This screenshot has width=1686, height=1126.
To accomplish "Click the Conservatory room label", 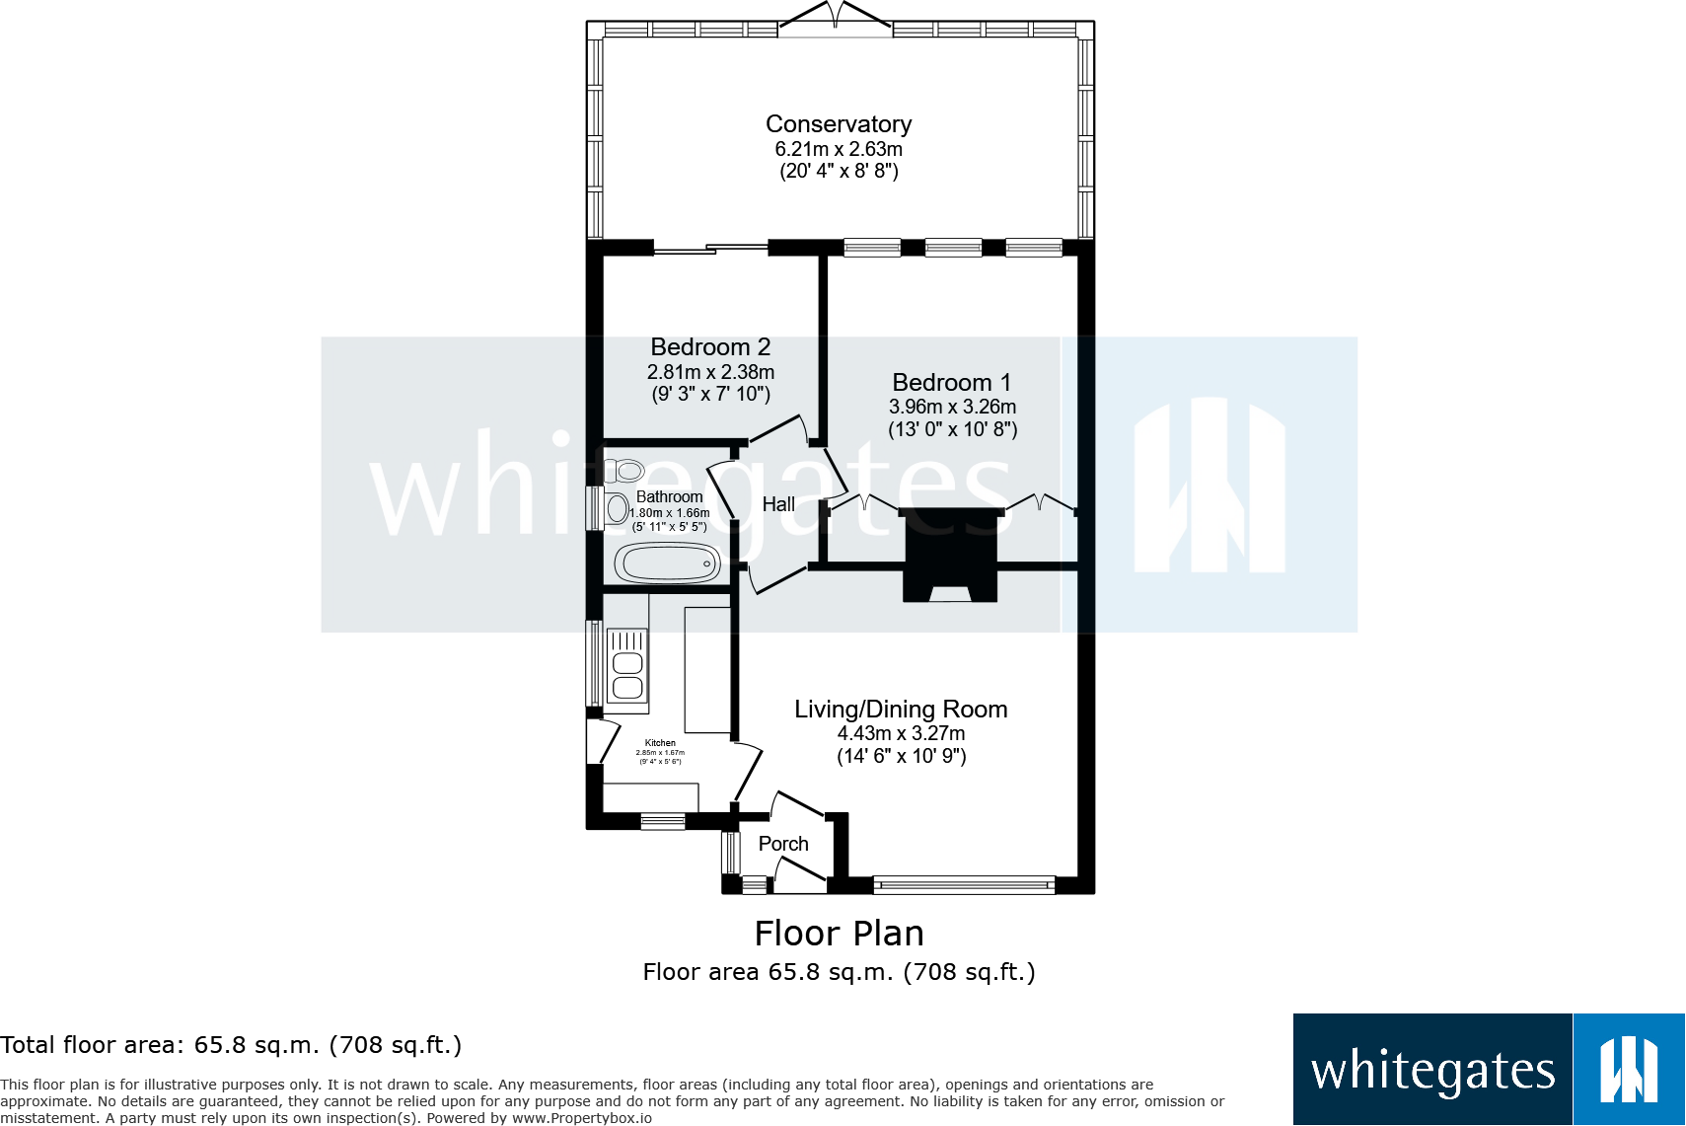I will coord(839,124).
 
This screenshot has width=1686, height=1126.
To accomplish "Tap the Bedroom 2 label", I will coord(710,347).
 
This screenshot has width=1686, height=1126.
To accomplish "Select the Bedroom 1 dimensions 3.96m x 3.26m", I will coord(952,407).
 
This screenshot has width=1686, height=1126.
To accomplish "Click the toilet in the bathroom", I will coord(624,471).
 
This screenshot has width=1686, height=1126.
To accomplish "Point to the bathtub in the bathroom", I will coord(668,564).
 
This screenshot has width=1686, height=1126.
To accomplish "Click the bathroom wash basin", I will coord(618,509).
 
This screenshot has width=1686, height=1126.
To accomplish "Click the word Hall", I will coord(778,504).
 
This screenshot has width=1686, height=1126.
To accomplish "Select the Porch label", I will coord(783,844).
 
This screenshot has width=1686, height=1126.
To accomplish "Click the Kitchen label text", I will coord(660,743).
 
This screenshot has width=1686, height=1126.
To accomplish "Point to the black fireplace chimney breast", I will coord(951,553).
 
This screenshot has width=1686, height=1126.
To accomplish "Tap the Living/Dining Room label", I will coord(901,710).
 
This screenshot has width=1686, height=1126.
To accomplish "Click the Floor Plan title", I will coord(839,934).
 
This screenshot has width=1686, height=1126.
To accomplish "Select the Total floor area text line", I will coord(231,1045).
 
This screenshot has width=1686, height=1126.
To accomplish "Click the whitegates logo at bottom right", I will coord(1488,1070).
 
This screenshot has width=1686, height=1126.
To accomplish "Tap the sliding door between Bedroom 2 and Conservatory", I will coord(710,249).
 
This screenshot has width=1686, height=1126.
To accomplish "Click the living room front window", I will coord(964,884).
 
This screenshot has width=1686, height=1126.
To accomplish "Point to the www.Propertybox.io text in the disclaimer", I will coord(581,1118).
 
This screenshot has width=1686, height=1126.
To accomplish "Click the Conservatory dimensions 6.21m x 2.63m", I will coord(839,149).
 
